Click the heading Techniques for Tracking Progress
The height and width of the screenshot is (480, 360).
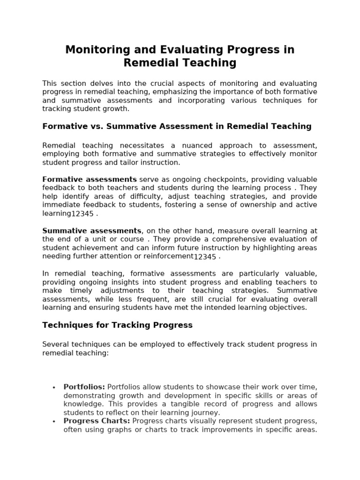click(117, 325)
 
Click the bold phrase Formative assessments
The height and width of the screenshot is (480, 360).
click(90, 180)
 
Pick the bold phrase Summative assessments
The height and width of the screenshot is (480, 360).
click(92, 231)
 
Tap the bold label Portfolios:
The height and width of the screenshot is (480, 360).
click(84, 387)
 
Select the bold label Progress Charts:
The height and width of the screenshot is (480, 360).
click(97, 421)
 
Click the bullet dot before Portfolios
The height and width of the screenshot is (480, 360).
click(54, 387)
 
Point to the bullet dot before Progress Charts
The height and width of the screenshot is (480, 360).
click(54, 421)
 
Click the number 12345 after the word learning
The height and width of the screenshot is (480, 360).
click(82, 214)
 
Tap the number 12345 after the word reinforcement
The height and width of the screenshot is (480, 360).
click(205, 257)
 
